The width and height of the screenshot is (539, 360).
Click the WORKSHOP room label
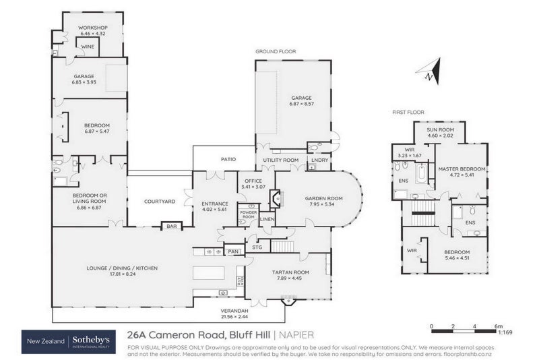pyautogui.click(x=93, y=28)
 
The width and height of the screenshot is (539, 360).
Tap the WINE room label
pyautogui.click(x=87, y=47)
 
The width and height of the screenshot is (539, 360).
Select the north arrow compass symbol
pyautogui.click(x=429, y=71)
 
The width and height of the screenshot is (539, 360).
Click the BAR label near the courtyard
pyautogui.click(x=171, y=227)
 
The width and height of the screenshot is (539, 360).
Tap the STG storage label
pyautogui.click(x=257, y=247)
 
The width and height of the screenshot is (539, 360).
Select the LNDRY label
pyautogui.click(x=319, y=160)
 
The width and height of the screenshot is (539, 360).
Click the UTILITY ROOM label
pyautogui.click(x=280, y=160)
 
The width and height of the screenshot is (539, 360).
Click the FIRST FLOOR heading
pyautogui.click(x=408, y=112)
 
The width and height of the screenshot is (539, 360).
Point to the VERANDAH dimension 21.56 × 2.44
pyautogui.click(x=216, y=317)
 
